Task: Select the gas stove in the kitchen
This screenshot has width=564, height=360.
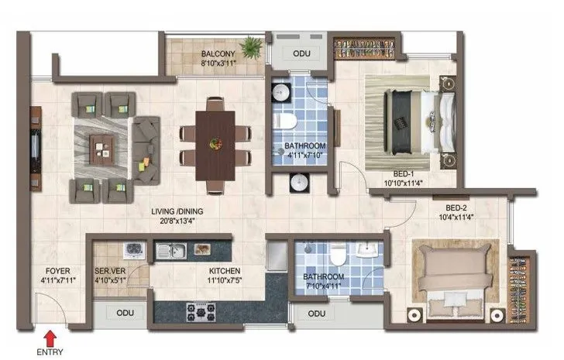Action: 200,310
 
